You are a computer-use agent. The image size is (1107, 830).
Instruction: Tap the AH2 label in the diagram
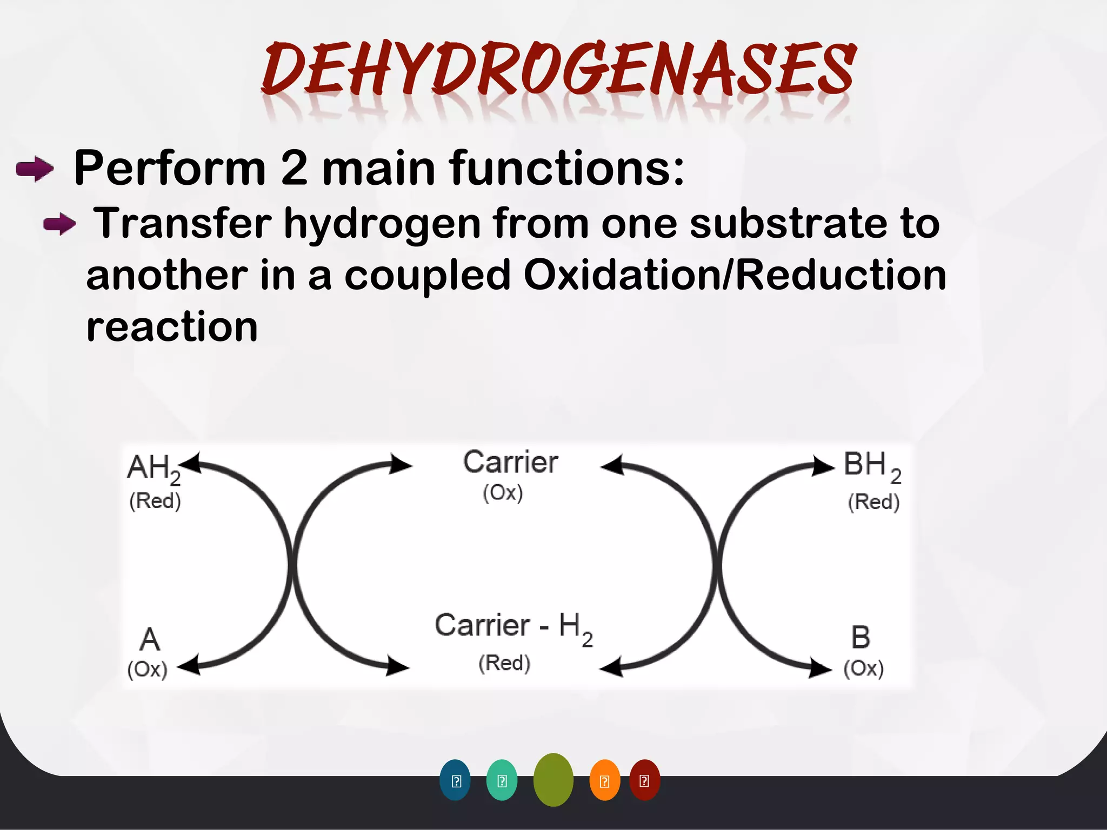(154, 468)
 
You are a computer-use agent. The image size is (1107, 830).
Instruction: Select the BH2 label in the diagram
(871, 466)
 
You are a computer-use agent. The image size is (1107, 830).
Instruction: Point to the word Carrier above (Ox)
(510, 463)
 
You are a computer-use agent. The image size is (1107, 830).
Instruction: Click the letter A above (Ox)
(150, 640)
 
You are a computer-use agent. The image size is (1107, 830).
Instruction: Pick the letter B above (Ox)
(861, 638)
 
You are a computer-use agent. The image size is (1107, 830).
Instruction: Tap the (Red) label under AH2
(155, 501)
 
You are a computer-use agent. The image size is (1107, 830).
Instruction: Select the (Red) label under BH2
(873, 502)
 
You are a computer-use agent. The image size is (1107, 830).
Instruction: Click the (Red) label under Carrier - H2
(504, 663)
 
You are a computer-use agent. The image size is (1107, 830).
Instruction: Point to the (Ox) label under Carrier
(503, 493)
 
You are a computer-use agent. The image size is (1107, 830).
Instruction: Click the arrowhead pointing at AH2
(190, 464)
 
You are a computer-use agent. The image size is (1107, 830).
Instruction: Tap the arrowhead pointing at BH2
(823, 466)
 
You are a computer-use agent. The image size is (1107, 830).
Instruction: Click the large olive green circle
(553, 780)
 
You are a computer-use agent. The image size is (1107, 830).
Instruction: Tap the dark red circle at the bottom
(644, 780)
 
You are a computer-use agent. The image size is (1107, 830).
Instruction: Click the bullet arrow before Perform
(35, 169)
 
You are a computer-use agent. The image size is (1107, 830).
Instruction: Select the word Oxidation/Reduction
(735, 275)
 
